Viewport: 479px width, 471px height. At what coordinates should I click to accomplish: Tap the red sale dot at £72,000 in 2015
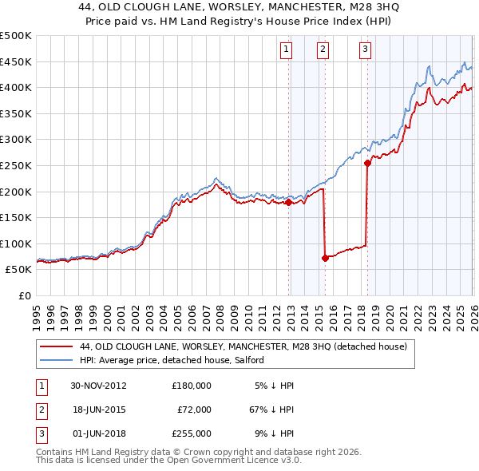325,258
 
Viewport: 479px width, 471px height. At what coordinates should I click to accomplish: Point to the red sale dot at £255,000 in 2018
367,163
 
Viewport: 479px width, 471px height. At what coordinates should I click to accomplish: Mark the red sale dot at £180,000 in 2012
289,202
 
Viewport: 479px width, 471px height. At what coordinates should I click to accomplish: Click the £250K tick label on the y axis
16,165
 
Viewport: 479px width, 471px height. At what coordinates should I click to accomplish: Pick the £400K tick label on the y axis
16,87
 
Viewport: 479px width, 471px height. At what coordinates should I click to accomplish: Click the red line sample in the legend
55,346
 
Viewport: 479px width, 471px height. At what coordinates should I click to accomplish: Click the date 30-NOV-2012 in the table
99,385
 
